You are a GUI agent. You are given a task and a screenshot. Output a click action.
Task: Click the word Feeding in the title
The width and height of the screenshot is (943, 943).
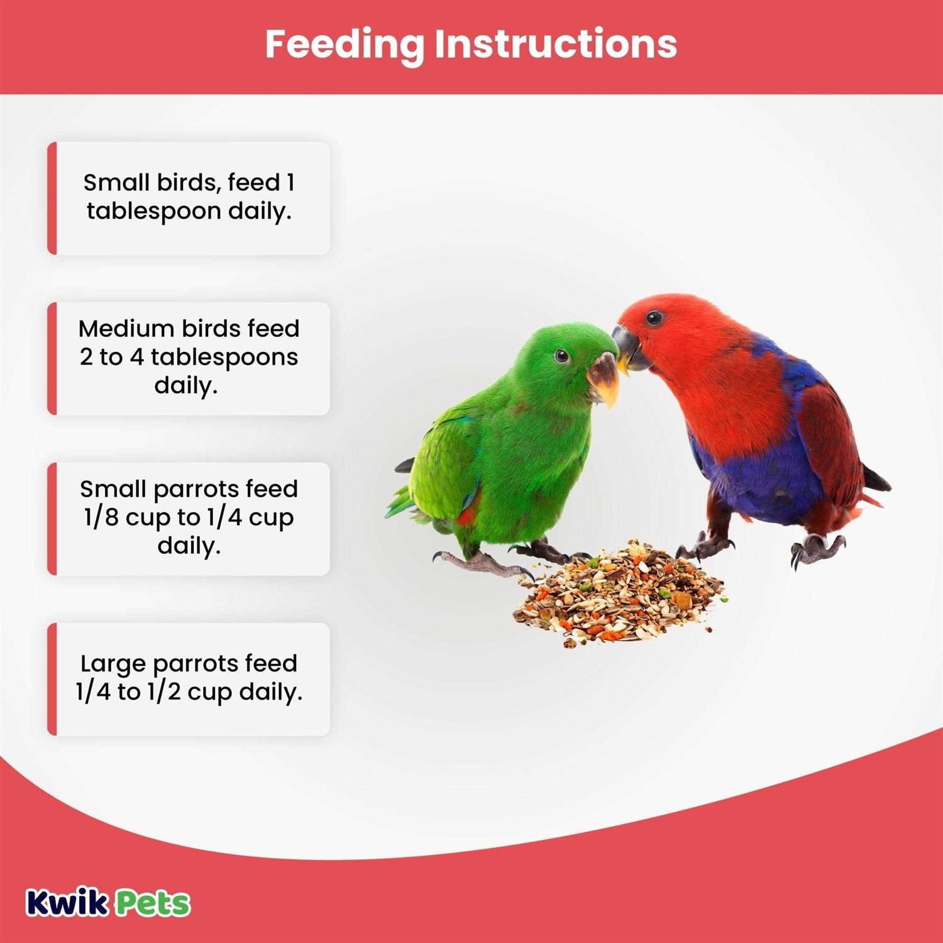345,45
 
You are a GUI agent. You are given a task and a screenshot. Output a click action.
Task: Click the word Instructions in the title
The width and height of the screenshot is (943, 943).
556,43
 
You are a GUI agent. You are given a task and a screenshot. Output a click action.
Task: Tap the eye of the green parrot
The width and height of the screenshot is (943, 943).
561,356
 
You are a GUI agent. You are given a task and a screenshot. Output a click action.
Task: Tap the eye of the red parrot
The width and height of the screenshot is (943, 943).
654,317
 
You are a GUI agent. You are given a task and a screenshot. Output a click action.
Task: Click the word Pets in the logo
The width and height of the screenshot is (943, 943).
153,903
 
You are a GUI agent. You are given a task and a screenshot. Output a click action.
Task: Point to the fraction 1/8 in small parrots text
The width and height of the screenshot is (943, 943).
101,517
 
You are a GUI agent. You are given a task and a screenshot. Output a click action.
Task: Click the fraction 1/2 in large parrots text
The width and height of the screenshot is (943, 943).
164,692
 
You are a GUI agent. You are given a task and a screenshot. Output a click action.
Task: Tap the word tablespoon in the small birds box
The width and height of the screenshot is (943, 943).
154,211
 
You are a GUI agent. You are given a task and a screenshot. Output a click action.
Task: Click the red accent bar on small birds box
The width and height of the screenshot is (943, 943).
52,198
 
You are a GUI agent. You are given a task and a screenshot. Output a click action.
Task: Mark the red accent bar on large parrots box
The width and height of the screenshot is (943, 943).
52,679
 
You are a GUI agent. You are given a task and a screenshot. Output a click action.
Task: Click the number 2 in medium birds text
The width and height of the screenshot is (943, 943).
86,357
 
